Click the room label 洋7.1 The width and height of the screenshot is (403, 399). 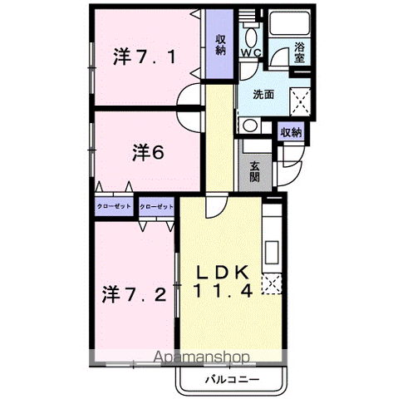[x=145, y=57]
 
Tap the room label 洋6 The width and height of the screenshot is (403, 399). [x=148, y=153]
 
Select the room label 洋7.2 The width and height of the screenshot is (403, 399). [x=135, y=294]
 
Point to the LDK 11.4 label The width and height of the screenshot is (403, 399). [x=224, y=281]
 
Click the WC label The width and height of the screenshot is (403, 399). [x=252, y=52]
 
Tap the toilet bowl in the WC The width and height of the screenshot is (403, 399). [x=251, y=37]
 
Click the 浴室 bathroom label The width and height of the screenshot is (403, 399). [x=299, y=52]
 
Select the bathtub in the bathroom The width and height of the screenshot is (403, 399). [x=290, y=23]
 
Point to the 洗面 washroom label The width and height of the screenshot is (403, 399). [x=263, y=95]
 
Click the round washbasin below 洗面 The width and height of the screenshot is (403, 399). [x=250, y=126]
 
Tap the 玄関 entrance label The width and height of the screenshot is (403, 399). [x=254, y=171]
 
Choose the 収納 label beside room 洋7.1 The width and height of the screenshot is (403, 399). [x=221, y=45]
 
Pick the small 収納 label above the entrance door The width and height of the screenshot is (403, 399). [x=291, y=132]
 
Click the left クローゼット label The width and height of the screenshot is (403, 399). [x=114, y=206]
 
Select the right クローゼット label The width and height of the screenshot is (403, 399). [x=156, y=207]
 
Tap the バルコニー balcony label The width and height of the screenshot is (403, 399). [x=232, y=379]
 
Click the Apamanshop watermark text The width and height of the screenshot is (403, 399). [x=202, y=357]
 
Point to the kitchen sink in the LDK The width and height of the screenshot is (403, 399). [x=272, y=253]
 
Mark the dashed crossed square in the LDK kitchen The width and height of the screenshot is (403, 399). [x=272, y=284]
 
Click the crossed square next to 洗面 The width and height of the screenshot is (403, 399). [x=300, y=101]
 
